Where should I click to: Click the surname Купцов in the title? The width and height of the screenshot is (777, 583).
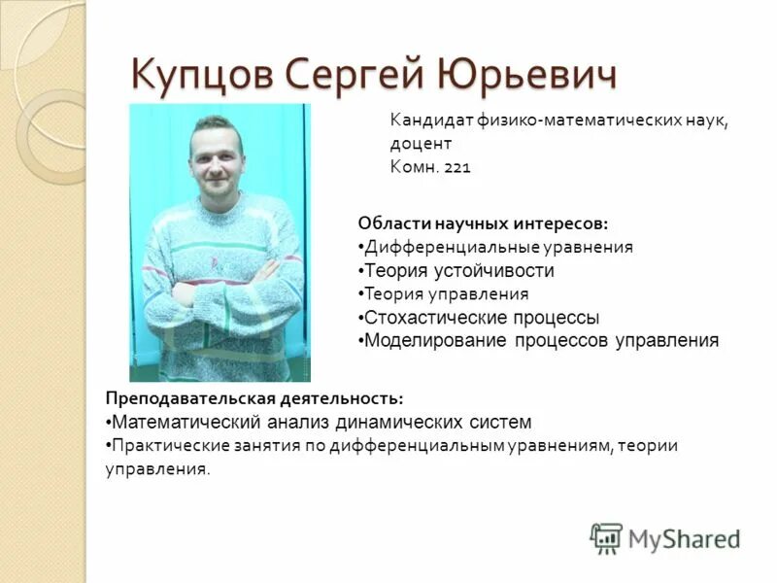(200, 73)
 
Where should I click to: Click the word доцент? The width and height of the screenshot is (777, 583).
(421, 144)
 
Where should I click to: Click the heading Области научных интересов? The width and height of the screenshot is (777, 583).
(483, 223)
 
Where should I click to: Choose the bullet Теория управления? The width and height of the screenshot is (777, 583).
(446, 293)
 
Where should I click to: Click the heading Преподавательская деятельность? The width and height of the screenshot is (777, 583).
(253, 398)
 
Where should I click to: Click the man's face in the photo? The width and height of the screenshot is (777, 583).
(216, 155)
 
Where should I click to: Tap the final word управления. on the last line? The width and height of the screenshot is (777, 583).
(157, 469)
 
